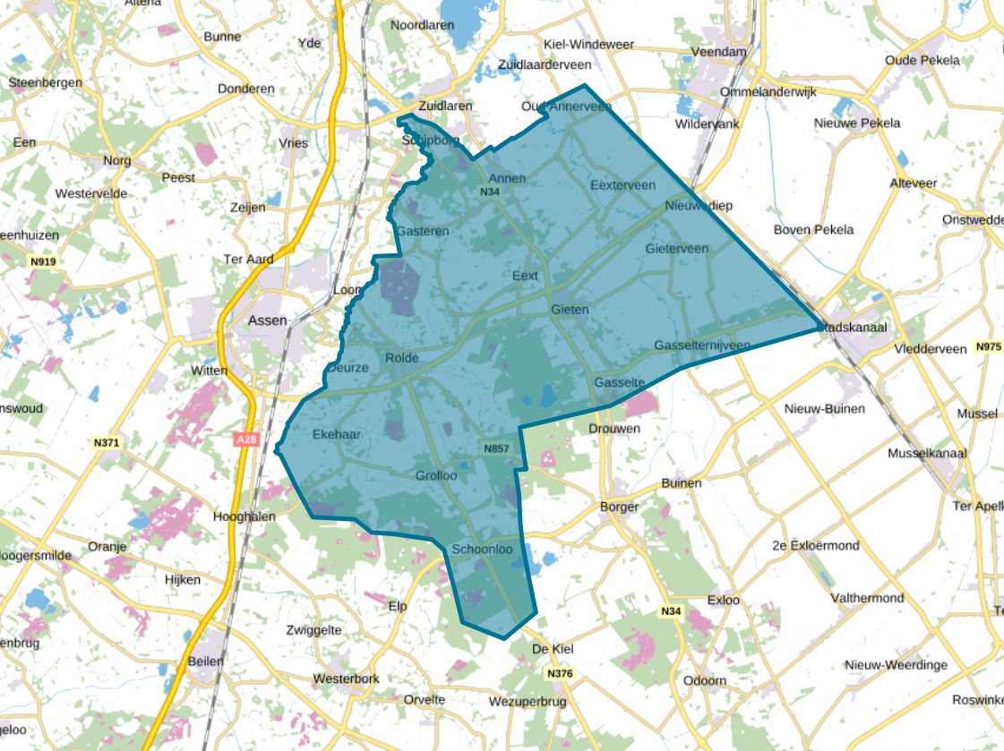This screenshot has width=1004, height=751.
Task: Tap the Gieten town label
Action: click(570, 310)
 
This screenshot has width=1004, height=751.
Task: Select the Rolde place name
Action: click(401, 358)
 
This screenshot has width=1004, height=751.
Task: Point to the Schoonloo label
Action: click(482, 550)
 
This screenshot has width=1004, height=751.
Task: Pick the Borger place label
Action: click(620, 507)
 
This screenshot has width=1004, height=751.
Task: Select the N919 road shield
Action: click(42, 261)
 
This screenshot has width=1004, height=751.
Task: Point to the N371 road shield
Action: click(106, 442)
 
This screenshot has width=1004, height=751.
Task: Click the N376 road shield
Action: click(559, 672)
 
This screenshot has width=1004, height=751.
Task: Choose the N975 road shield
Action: click(988, 346)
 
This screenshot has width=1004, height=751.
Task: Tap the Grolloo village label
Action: click(436, 476)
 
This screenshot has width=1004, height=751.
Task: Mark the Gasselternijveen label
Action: click(702, 346)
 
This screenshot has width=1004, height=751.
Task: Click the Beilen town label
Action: click(207, 661)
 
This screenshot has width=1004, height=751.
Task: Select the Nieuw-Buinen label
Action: click(824, 409)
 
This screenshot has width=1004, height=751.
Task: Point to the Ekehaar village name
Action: click(336, 434)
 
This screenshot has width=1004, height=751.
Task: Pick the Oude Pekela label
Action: click(922, 61)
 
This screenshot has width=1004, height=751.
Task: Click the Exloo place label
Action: click(723, 600)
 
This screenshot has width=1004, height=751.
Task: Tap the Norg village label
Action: click(117, 161)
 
